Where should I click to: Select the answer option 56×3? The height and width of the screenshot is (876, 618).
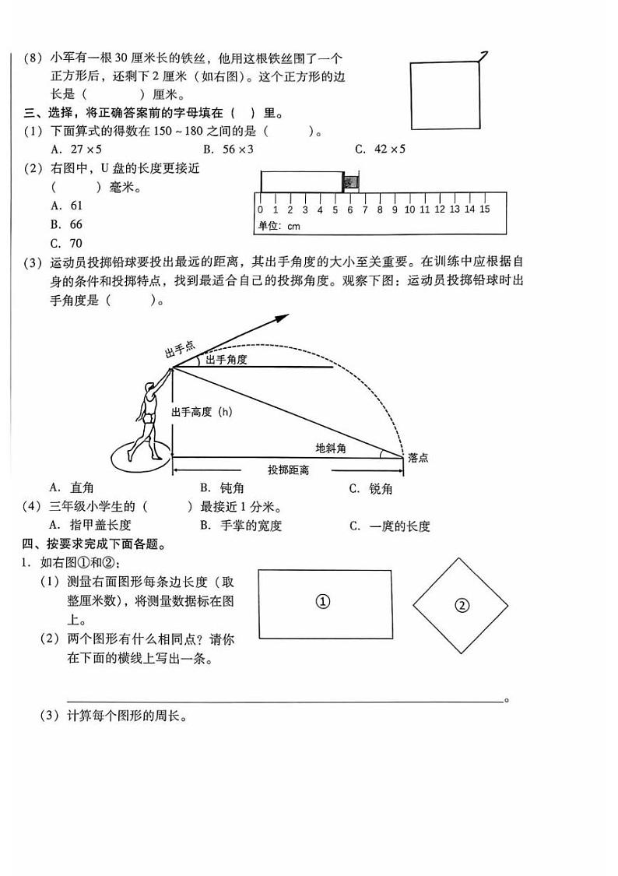coord(229,150)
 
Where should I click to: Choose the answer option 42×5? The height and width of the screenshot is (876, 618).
coord(381,150)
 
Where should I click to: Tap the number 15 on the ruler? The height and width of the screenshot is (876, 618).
coord(484,209)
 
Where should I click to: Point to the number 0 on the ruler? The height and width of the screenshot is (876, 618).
coord(260,209)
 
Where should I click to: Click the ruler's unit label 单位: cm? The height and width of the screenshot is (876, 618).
coord(279,227)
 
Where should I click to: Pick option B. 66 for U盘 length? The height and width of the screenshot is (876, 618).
coord(67,224)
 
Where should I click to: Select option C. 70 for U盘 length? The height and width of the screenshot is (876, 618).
coord(67,243)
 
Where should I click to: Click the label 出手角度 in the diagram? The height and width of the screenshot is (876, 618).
coord(226,360)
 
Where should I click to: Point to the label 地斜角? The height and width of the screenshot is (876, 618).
coord(331,448)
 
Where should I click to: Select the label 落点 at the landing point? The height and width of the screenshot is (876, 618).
coord(417,458)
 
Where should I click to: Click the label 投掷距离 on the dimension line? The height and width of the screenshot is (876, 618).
coord(289,470)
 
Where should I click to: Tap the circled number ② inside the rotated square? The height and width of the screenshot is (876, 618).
coord(462,605)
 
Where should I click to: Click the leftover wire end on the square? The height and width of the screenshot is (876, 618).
coord(483,56)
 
